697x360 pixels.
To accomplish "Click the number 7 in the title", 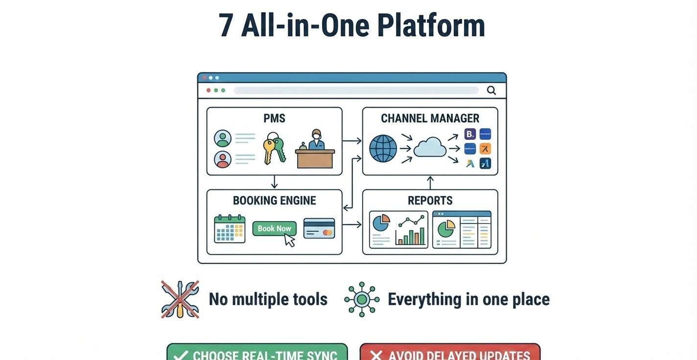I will tap(226, 26).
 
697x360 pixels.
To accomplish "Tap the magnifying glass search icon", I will tap(491, 90).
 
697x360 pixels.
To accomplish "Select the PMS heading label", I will tap(274, 118).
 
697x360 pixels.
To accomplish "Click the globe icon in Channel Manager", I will tap(383, 149).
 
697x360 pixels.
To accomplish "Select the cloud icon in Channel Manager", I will tap(430, 147).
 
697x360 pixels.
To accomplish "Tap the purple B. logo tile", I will tap(470, 135).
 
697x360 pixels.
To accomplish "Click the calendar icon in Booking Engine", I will tap(230, 228).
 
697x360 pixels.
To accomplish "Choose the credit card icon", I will tap(319, 228).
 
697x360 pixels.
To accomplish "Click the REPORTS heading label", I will tap(430, 201).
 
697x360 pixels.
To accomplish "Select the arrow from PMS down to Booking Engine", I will tap(274, 182).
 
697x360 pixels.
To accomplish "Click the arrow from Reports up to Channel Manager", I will tap(430, 182).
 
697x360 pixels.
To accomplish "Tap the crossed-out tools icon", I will tap(180, 299).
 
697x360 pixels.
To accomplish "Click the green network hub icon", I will tap(362, 299).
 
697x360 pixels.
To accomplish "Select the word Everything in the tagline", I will tap(424, 299).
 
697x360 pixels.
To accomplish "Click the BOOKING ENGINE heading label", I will tap(274, 201).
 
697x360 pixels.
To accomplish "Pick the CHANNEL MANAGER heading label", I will tap(430, 118).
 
